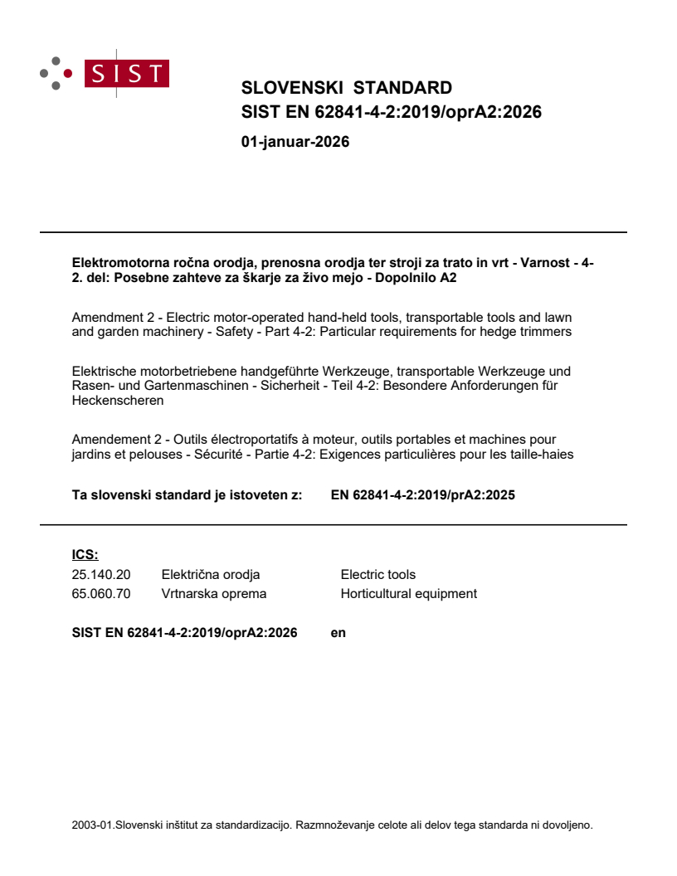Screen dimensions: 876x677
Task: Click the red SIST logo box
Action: (129, 74)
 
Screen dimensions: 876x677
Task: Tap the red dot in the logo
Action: (69, 73)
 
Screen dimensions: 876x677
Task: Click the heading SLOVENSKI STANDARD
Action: (346, 88)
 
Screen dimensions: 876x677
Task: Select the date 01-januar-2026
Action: (295, 142)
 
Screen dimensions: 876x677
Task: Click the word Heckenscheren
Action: (118, 401)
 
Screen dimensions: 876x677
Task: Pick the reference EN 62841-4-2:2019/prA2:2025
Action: (423, 496)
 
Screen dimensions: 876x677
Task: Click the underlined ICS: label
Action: (85, 555)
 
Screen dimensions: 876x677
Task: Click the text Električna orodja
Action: (211, 575)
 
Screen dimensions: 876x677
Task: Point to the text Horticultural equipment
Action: (408, 594)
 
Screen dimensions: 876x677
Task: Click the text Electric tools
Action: (377, 575)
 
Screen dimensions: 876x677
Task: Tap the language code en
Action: (338, 633)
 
